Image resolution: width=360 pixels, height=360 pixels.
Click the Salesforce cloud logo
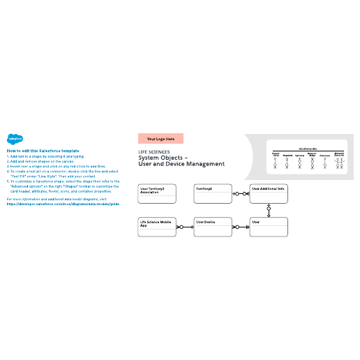coord(13,138)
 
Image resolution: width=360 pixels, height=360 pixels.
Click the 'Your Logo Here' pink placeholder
coord(160,139)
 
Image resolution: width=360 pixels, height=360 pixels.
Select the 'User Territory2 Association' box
coord(157,194)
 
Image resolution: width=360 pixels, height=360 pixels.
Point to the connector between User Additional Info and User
coord(269,210)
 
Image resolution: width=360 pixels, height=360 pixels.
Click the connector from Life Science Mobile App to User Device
coord(184,227)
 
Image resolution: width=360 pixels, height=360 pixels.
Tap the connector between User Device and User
coord(241,227)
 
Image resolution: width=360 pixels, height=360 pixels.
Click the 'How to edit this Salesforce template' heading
coord(43,151)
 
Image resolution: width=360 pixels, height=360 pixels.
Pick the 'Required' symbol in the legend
coord(287,162)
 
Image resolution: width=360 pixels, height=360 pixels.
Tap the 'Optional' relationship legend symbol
coord(299,162)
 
